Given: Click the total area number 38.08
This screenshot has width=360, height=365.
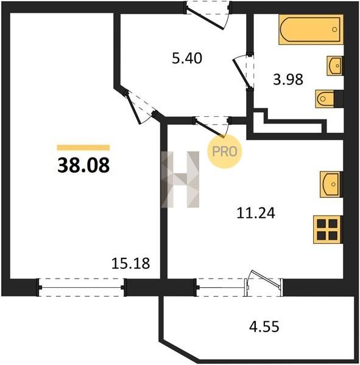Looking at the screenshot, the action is click(83, 165).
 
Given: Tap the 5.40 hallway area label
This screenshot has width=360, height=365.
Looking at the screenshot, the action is click(187, 58).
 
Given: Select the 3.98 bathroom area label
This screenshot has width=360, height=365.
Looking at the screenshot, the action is click(288, 79).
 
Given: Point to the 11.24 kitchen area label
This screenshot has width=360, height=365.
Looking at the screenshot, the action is click(256, 213).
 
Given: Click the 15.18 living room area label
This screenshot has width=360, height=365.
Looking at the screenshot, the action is click(130, 263).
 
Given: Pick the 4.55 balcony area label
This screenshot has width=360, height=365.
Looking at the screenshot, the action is click(264, 326).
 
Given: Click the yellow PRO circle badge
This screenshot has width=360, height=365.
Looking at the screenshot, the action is click(225, 151).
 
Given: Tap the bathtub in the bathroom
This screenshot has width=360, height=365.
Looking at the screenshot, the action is click(311, 29).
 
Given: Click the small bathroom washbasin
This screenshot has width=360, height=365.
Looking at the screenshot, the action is click(335, 66).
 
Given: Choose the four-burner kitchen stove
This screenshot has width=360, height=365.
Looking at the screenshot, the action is click(328, 229).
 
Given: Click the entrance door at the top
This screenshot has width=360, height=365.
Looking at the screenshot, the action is click(208, 16).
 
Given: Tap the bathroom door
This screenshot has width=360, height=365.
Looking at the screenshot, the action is click(244, 72).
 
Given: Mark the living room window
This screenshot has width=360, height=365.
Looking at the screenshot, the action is click(82, 288).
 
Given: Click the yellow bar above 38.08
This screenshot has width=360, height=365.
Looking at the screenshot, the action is click(83, 148).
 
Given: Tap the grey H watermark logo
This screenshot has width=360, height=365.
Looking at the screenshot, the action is click(180, 179).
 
